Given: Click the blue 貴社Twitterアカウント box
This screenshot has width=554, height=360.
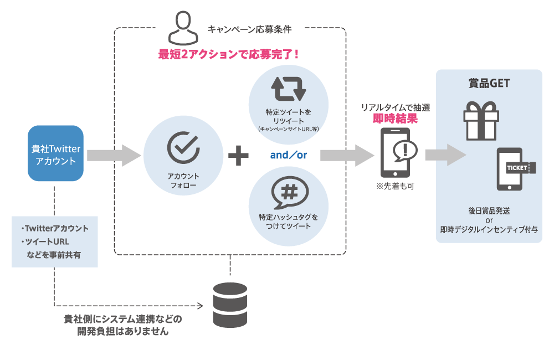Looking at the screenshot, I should tap(55, 153).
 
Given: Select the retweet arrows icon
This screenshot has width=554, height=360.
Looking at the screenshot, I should tap(288, 89).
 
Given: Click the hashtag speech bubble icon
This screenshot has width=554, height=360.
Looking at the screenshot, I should tap(288, 194).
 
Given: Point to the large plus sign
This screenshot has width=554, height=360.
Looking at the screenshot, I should tap(238, 155).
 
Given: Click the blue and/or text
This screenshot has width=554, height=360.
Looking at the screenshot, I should tap(288, 156).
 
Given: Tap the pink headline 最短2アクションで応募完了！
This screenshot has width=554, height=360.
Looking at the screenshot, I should tap(229, 54).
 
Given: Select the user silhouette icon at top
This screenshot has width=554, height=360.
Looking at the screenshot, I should tap(183, 29).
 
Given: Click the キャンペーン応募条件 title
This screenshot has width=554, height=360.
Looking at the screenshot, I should tap(249, 28).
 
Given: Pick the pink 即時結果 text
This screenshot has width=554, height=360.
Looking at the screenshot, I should tap(394, 118).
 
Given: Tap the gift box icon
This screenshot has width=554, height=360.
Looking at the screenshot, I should tap(481, 120).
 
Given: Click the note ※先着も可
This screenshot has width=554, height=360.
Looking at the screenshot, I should tap(394, 186).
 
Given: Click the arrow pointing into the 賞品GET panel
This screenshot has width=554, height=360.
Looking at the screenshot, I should tap(445, 155).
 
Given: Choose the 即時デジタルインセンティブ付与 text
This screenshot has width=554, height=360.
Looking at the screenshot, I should tap(489, 229).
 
